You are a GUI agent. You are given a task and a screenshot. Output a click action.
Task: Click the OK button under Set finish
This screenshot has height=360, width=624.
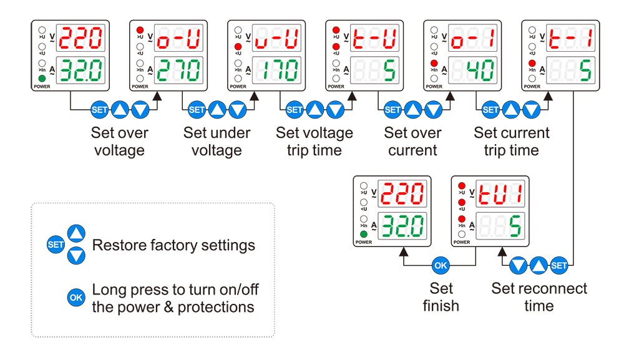point(441,266)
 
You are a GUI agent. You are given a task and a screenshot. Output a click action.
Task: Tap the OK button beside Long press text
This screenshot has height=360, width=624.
point(76,298)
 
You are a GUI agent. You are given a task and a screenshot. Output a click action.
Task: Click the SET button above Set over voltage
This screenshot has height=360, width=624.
point(100,110)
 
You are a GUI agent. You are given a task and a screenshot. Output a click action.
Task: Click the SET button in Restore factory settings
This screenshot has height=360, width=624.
point(56,245)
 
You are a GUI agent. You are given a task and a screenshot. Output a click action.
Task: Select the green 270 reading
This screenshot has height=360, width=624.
point(178,71)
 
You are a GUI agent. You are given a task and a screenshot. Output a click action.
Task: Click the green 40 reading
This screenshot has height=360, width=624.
point(472,71)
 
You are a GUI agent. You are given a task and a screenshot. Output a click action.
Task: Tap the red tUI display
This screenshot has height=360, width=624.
point(499,194)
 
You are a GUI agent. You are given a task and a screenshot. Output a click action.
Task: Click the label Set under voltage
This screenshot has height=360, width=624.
point(217,142)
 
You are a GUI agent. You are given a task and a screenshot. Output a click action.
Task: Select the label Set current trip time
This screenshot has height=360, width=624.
point(512,142)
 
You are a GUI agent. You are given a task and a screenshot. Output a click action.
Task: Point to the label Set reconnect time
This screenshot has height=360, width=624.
point(539,297)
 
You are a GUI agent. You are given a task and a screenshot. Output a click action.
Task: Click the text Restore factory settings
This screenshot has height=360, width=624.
point(173,245)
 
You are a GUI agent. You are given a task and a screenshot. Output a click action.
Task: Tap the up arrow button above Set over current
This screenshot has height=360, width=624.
point(413,110)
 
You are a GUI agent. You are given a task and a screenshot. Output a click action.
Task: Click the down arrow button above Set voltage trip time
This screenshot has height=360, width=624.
point(335,110)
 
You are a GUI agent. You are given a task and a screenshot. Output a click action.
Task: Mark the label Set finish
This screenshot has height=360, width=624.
point(441,297)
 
